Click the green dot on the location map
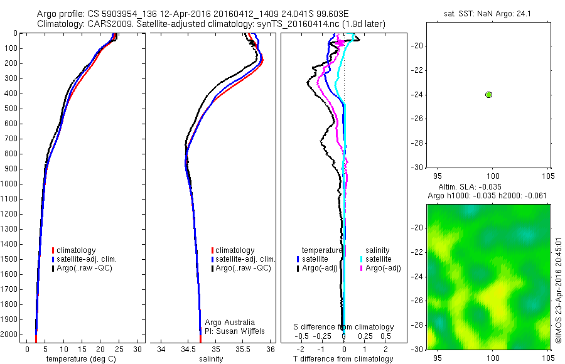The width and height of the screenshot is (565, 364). coord(489,95)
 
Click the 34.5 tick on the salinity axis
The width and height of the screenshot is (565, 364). coord(188,348)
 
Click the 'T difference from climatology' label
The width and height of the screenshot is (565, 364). coord(343,359)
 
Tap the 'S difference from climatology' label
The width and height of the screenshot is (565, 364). coord(343,327)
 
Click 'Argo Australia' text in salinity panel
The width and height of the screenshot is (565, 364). coord(230,323)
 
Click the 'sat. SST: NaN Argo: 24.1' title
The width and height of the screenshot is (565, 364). coord(490,13)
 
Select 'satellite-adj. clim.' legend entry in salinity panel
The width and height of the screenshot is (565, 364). coord(245,259)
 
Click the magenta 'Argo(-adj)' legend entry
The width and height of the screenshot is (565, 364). coord(383,268)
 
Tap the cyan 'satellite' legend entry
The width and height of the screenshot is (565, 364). coord(379,259)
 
